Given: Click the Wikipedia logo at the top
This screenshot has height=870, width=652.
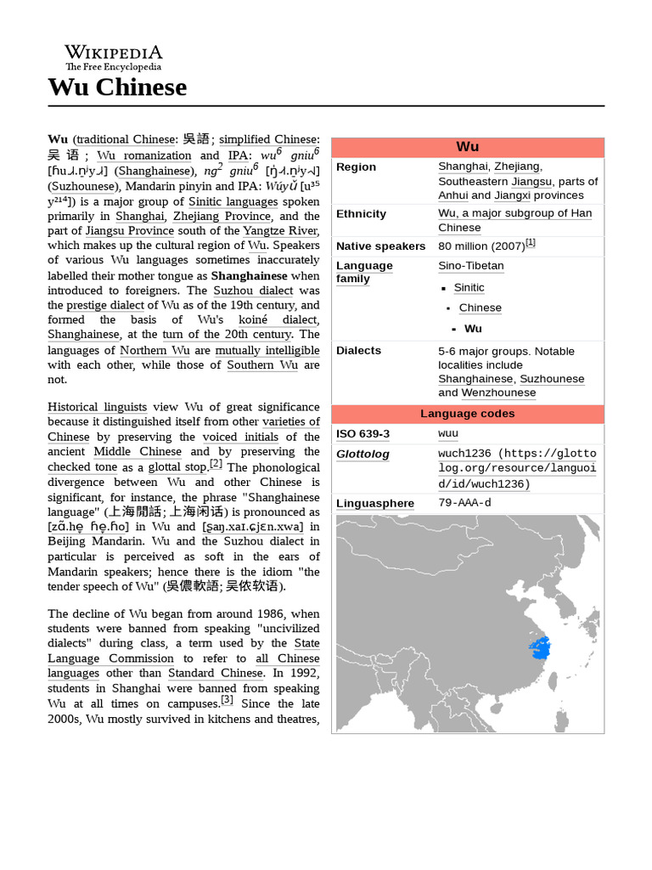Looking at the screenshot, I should pos(113,57).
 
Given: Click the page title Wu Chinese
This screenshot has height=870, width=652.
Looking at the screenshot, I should pos(116,87).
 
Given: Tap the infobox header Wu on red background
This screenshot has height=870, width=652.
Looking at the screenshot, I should pos(467,147).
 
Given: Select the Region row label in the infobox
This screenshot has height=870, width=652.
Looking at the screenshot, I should pos(356,167).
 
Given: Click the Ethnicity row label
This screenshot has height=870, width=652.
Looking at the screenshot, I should pos(361,214).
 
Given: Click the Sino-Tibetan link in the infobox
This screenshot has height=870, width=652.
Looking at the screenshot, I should pos(470,266).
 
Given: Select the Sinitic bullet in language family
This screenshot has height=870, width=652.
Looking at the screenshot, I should pos(469,288).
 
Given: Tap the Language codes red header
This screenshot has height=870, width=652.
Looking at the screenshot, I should pos(467,414).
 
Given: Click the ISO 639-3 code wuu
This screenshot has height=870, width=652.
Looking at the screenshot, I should pos(448,434).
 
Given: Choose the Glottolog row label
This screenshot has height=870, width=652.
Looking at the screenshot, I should pos(363,455).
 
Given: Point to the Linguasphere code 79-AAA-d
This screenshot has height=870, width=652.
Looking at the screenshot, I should pos(464,503).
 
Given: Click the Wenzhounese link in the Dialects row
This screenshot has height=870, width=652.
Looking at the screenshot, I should pos(498,393).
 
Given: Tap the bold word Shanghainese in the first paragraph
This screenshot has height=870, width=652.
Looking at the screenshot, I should pos(249,275).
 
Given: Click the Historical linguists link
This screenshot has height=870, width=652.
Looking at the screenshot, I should pos(97,407).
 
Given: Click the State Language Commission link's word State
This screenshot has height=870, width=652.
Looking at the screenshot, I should pos(306,643).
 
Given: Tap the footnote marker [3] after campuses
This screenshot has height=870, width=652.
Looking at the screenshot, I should pos(227,700).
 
